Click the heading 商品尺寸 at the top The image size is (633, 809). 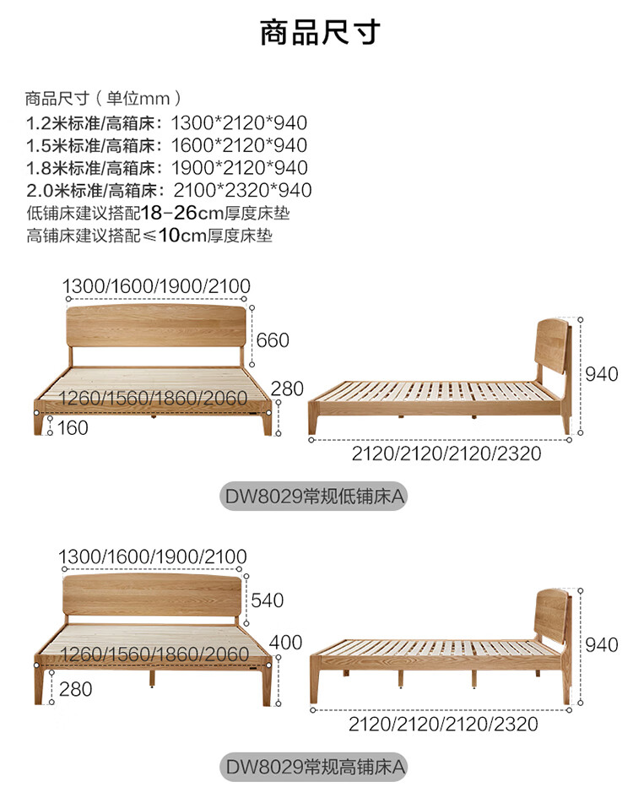tap(320, 32)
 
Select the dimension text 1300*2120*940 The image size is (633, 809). tap(239, 122)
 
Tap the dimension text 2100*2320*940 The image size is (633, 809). tap(242, 190)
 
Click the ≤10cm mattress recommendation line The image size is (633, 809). tap(149, 236)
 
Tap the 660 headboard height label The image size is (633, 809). tap(273, 340)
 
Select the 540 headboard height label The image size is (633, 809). tap(268, 600)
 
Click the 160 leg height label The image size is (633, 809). tap(73, 427)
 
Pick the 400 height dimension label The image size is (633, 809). tap(285, 643)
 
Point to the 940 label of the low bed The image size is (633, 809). tap(602, 374)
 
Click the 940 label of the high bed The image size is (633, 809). tap(602, 644)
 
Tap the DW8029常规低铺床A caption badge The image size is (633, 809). tap(313, 497)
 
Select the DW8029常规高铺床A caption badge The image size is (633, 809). tap(313, 767)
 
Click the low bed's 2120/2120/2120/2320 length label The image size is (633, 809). tap(446, 453)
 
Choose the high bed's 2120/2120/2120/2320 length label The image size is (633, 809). tap(443, 724)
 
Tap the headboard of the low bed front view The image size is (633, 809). tap(156, 325)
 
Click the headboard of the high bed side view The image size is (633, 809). tap(553, 613)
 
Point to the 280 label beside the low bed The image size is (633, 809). tap(287, 388)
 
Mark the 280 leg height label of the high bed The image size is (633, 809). tap(75, 689)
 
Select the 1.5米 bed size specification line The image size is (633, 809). tap(167, 145)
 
